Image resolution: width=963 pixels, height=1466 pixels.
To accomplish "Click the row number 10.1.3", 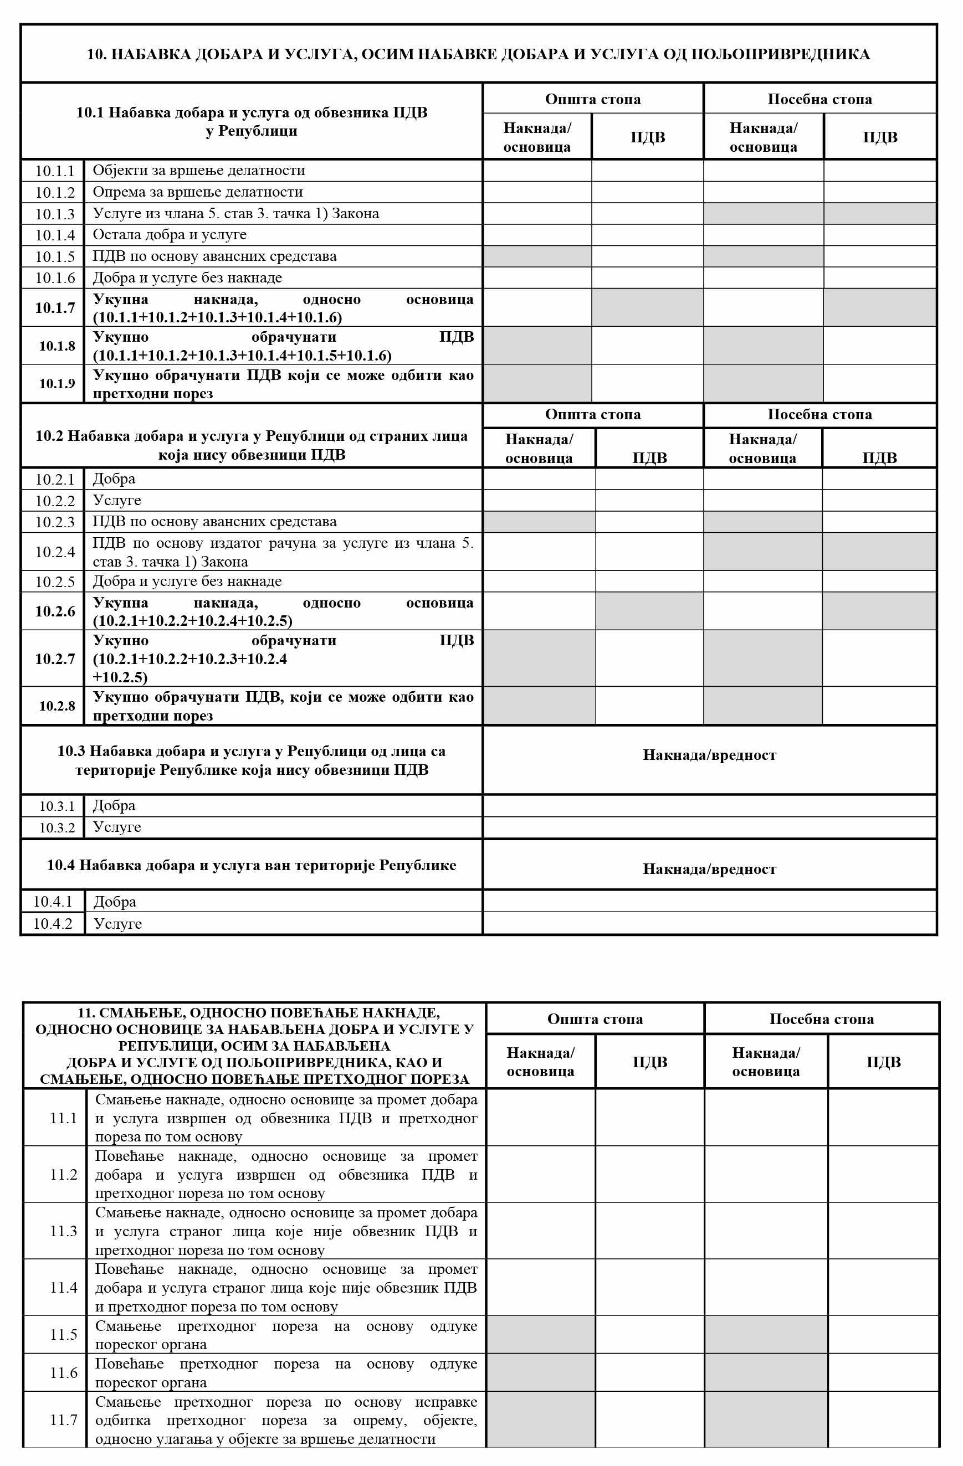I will [x=54, y=214].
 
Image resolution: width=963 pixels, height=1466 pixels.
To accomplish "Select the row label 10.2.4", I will [x=54, y=552].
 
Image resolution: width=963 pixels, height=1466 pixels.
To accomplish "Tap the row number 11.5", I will [x=64, y=1334].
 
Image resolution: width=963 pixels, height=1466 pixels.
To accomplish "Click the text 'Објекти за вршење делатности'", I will [x=198, y=171].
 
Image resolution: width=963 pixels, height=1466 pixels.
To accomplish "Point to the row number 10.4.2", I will [x=53, y=923].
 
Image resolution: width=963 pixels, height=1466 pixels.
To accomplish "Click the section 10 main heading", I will [x=478, y=54].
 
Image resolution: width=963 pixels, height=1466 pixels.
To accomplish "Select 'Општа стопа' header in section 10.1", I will [x=593, y=99].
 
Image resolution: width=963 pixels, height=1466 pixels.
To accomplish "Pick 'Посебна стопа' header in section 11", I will [x=821, y=1019].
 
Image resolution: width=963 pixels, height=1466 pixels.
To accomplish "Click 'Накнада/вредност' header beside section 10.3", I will [x=709, y=755].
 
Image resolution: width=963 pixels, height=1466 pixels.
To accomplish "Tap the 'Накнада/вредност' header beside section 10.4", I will [x=709, y=869].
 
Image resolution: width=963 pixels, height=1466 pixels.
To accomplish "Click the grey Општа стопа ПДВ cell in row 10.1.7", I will [x=648, y=307].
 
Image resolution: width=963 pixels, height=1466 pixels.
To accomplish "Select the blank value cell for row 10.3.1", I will [x=709, y=806].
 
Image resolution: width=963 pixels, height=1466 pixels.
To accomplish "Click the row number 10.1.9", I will [x=57, y=384].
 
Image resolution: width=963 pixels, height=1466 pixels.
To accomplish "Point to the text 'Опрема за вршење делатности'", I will [x=197, y=192].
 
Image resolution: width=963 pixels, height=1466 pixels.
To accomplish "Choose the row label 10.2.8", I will [x=57, y=706].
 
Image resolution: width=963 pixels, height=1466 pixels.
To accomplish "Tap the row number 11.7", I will [x=64, y=1420].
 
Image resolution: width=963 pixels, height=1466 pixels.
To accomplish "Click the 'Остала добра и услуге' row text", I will [x=170, y=235].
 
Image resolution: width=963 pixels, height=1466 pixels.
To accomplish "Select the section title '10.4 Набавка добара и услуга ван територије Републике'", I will [x=252, y=866].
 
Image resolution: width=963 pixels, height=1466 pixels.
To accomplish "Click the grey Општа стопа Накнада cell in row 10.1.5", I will [x=537, y=256].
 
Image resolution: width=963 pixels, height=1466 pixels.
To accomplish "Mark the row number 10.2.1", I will [x=54, y=479].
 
